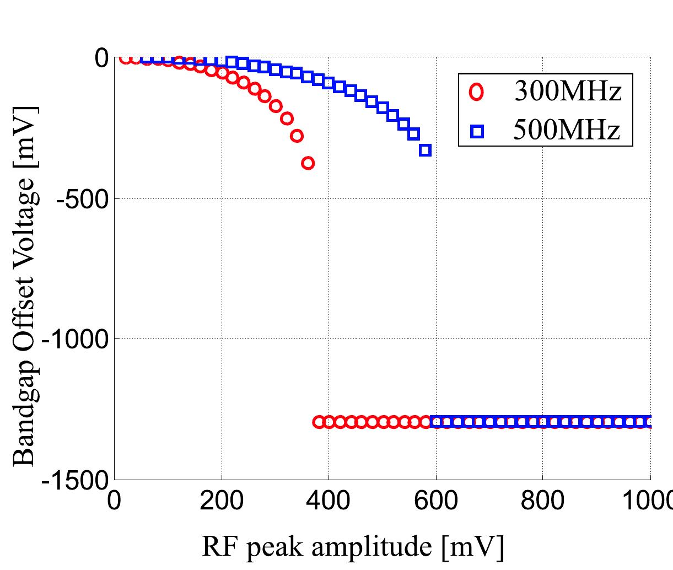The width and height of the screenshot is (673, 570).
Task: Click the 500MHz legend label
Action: pos(567,131)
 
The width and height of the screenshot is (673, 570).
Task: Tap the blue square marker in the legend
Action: pos(477,131)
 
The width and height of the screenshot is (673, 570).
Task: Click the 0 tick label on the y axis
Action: pos(101,58)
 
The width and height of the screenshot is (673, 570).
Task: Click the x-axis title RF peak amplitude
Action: pos(353,547)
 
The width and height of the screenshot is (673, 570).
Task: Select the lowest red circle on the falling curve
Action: pos(308,163)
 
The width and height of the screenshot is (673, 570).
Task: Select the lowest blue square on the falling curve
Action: pos(425,150)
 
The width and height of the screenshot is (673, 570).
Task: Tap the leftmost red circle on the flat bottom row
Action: pos(318,422)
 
